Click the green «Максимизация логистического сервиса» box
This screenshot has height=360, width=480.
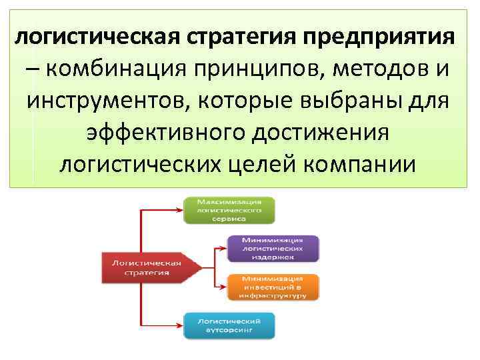pyautogui.click(x=229, y=209)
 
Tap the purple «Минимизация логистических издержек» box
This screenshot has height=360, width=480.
pyautogui.click(x=273, y=247)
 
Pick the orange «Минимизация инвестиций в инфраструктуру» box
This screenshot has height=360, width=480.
pyautogui.click(x=273, y=287)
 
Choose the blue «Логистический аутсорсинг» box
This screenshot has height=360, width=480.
pyautogui.click(x=229, y=325)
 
